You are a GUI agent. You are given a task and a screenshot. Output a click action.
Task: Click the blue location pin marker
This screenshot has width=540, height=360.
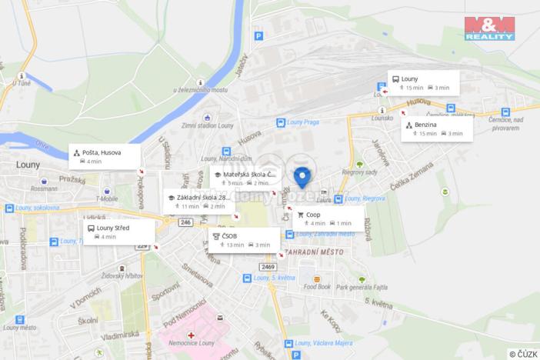[302, 176]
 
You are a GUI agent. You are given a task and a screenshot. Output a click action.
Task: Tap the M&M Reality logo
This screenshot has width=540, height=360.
[489, 28]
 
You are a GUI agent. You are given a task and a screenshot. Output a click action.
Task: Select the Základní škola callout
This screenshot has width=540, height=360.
[201, 202]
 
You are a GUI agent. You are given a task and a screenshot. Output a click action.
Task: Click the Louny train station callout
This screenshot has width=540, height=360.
[422, 83]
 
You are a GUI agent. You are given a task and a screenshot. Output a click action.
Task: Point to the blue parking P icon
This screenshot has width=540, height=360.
[258, 35]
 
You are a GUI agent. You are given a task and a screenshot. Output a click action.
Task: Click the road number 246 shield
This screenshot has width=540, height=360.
[185, 222]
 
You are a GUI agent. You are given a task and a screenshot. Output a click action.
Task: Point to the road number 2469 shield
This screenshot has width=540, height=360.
[267, 267]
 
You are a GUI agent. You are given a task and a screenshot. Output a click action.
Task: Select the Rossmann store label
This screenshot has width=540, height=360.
[44, 188]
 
